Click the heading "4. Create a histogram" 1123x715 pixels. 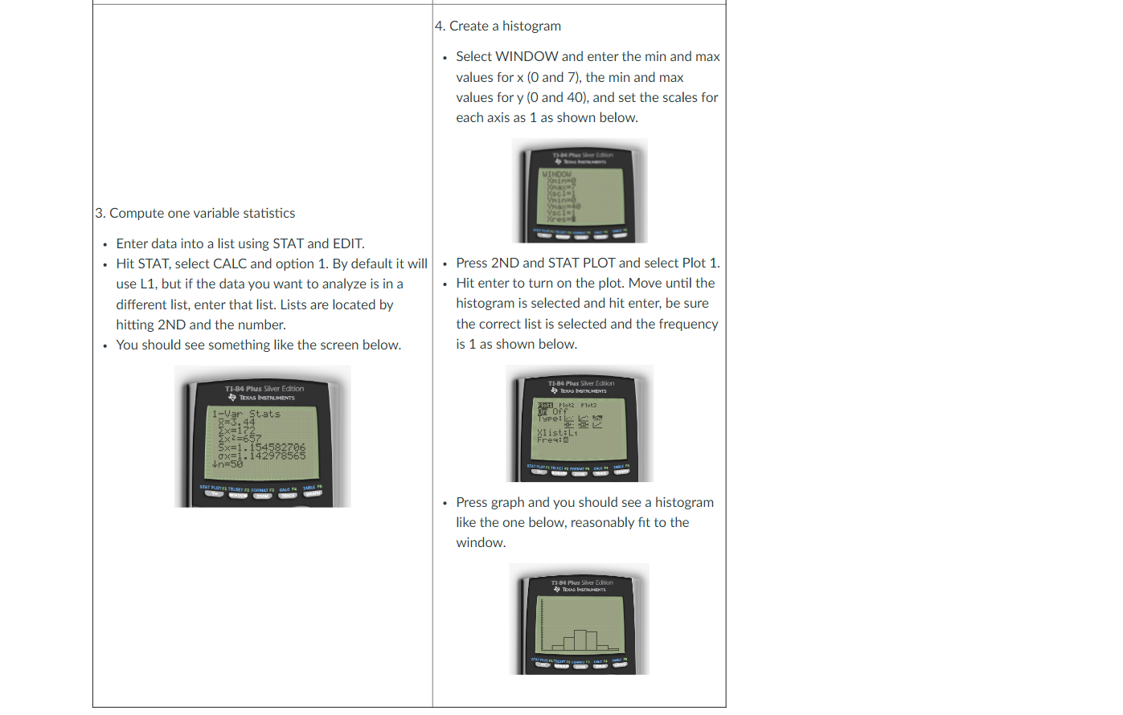click(x=498, y=26)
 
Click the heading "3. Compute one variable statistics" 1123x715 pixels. click(x=195, y=213)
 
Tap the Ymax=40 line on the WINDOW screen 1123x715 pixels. click(x=564, y=206)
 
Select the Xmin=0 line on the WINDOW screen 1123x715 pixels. click(x=561, y=181)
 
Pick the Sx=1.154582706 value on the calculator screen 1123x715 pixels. click(x=261, y=447)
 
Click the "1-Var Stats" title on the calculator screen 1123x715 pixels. click(x=246, y=414)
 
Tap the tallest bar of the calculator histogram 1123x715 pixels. click(x=580, y=640)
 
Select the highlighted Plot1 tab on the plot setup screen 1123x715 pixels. click(x=545, y=405)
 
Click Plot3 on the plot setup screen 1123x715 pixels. click(x=588, y=405)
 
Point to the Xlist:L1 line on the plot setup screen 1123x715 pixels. click(x=557, y=432)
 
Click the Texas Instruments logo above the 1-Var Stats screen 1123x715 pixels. click(x=232, y=397)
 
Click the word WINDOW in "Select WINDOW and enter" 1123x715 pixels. click(x=527, y=56)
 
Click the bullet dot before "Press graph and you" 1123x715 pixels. click(x=445, y=503)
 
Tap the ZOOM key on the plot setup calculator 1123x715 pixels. click(x=580, y=474)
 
